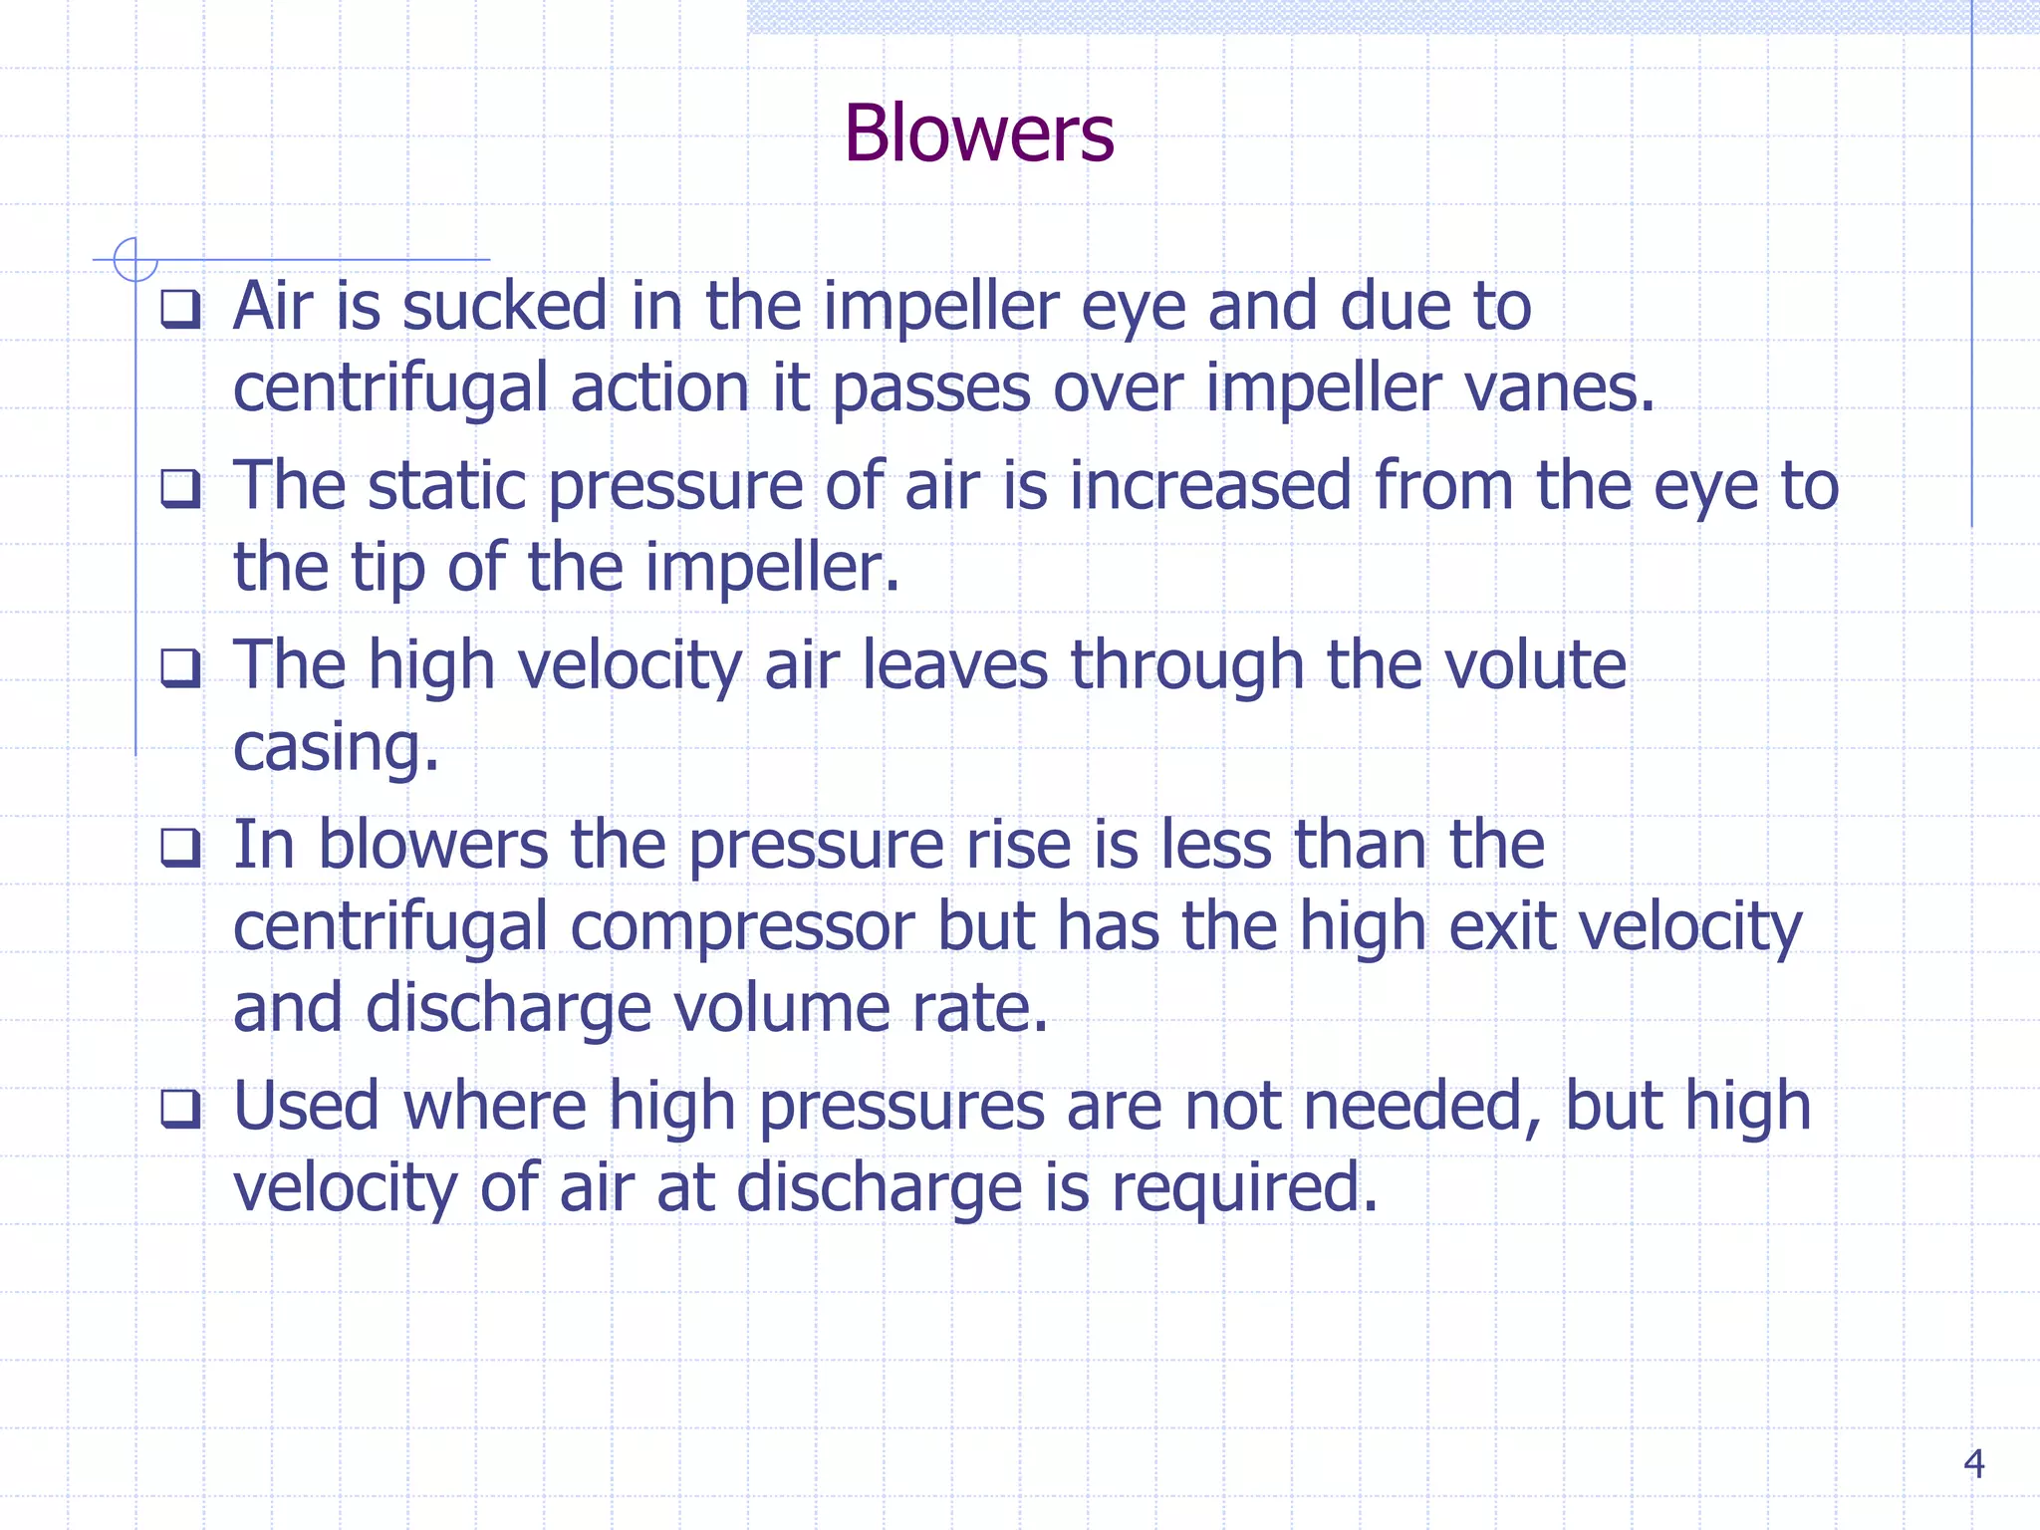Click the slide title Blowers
tap(978, 133)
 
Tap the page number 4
tap(1972, 1463)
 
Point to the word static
tap(446, 486)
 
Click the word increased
tap(1210, 486)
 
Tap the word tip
tap(386, 568)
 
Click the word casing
tap(335, 748)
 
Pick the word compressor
tap(742, 926)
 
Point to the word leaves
tap(954, 665)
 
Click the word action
tap(658, 387)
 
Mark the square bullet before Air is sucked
tap(180, 309)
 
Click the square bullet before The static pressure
tap(180, 489)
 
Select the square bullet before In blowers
tap(180, 848)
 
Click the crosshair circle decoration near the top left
tap(135, 259)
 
